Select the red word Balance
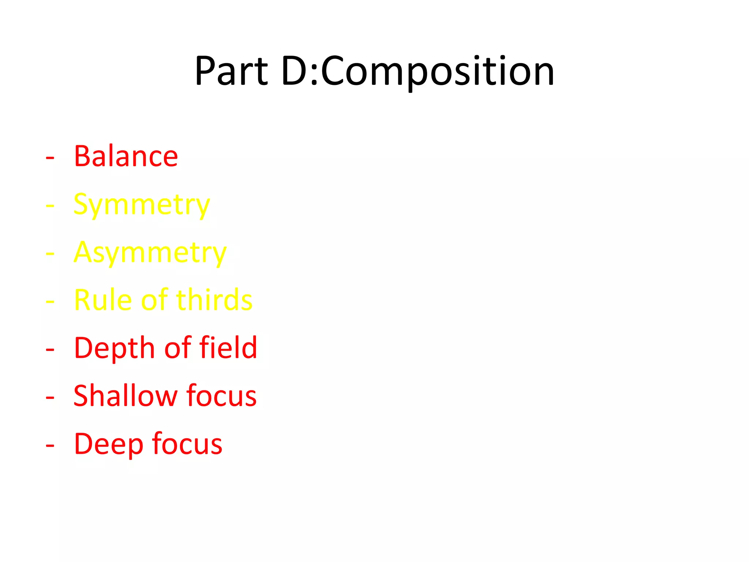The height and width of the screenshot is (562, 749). tap(126, 156)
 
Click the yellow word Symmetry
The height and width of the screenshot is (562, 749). tap(142, 205)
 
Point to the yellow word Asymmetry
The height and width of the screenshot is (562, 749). tap(150, 253)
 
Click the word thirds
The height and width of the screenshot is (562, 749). tap(214, 300)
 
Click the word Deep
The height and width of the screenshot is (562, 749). tap(108, 444)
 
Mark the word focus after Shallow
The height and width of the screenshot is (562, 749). tap(221, 396)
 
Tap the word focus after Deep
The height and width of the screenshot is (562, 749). tap(187, 444)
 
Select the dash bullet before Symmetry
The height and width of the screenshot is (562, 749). tap(50, 206)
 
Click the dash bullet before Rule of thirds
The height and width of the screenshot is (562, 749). tap(50, 302)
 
